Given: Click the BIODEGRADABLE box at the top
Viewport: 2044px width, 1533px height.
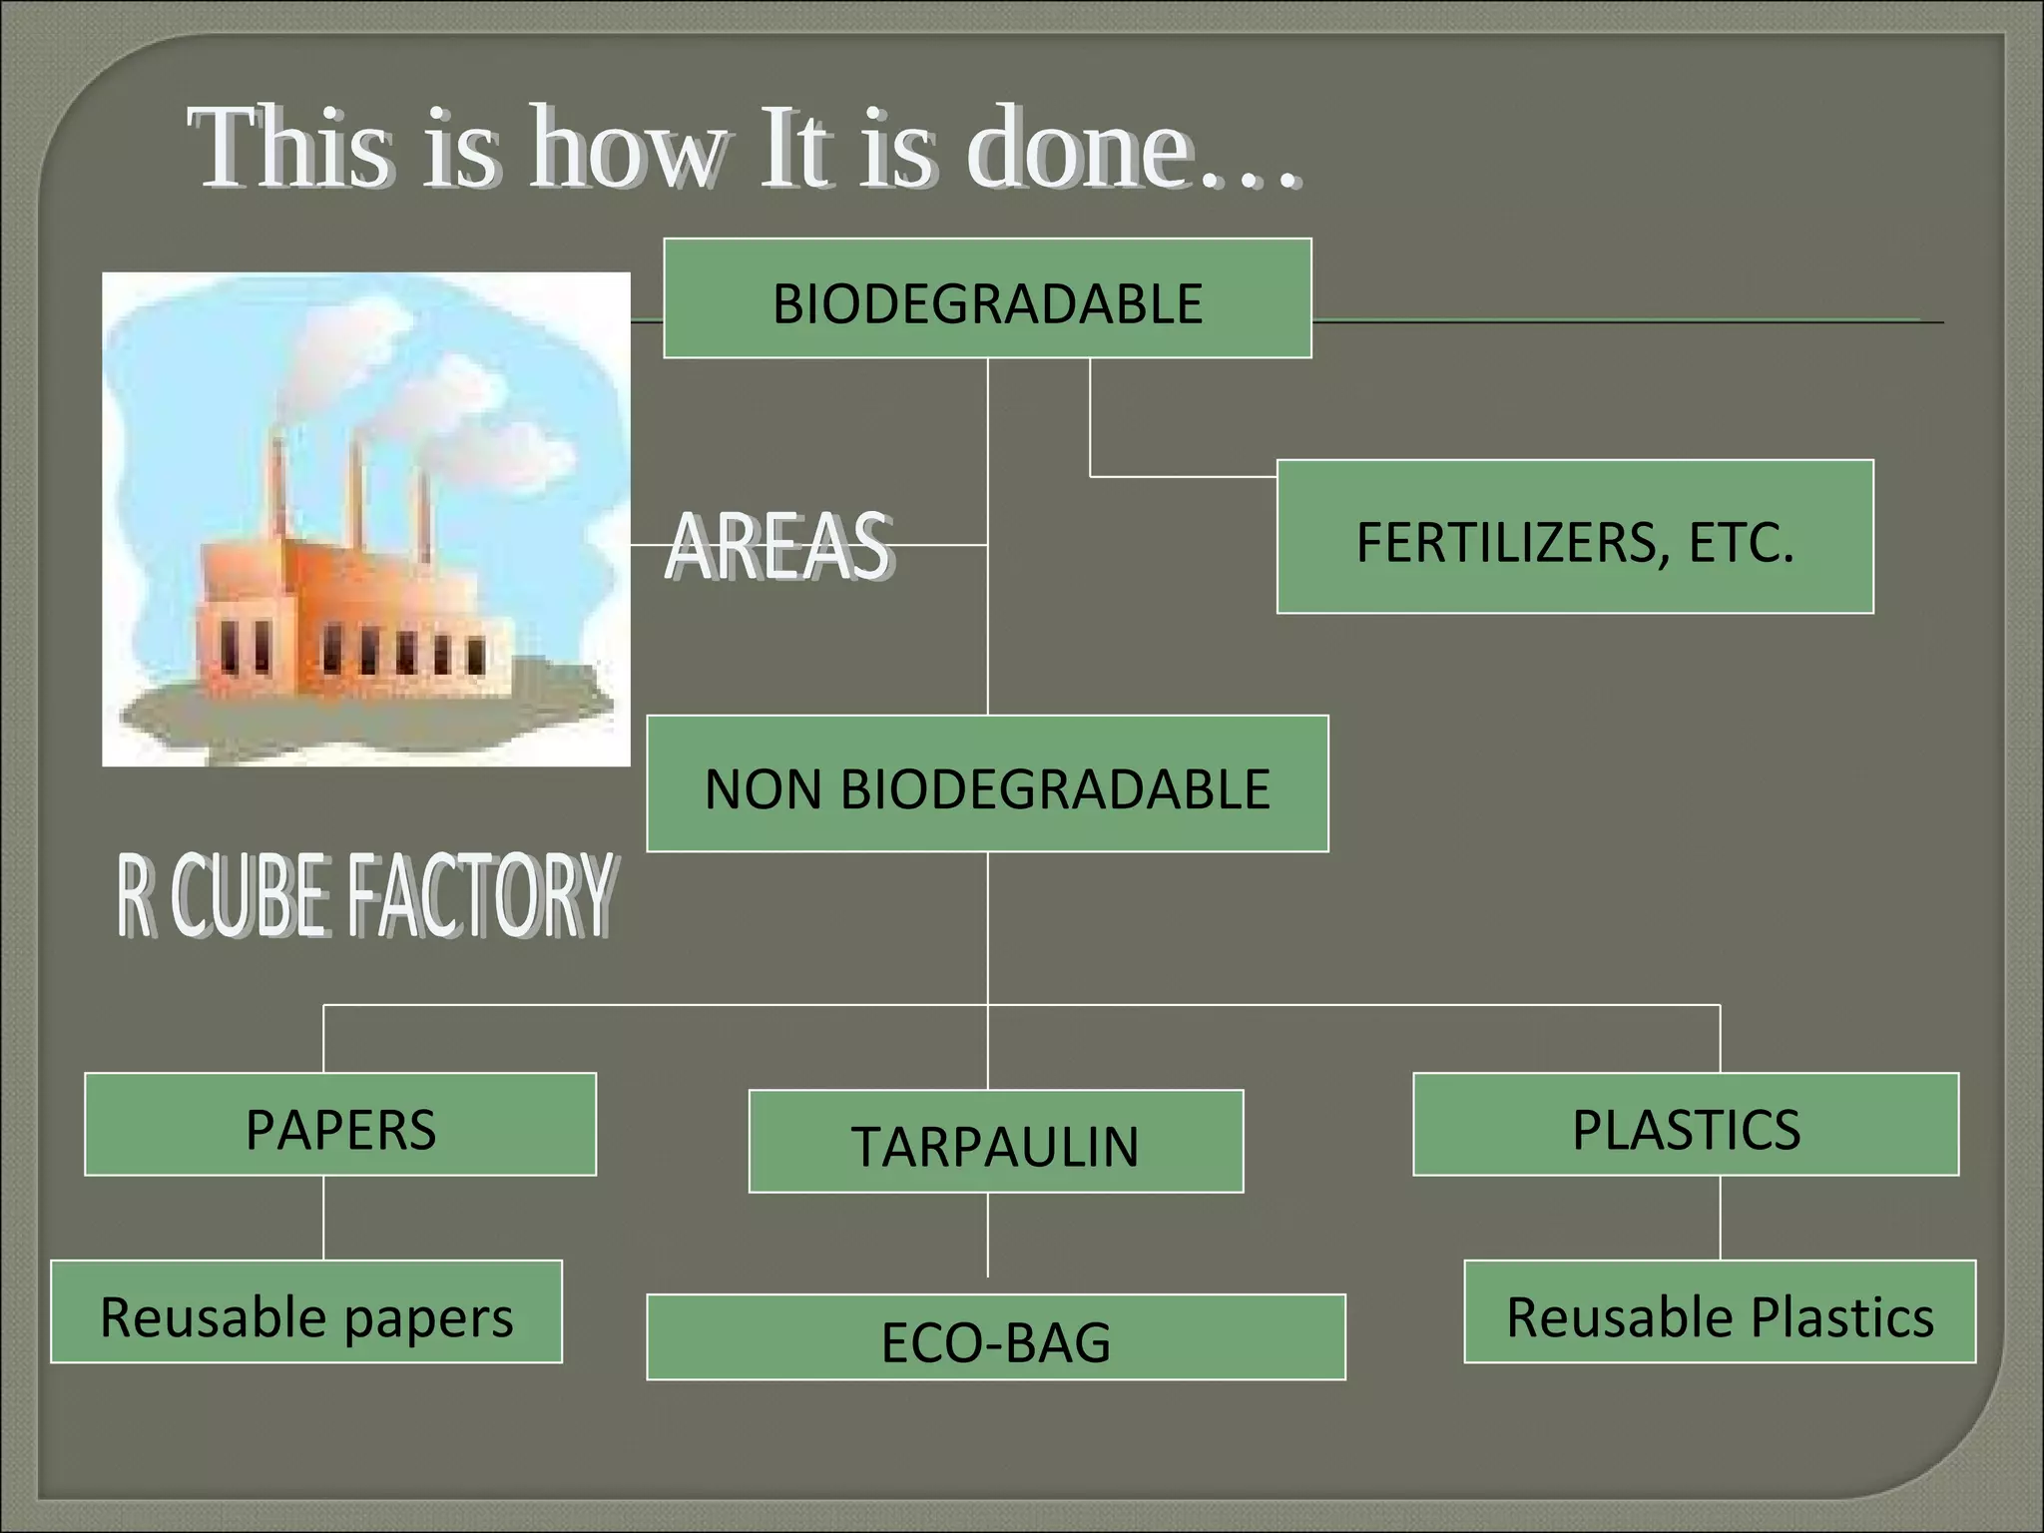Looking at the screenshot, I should [x=987, y=298].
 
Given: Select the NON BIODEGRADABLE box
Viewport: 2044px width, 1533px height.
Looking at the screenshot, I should [x=987, y=784].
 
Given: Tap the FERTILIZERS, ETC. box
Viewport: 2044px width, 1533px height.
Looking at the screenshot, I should [x=1575, y=537].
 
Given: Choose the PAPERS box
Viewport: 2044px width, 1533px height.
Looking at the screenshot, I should [x=340, y=1125].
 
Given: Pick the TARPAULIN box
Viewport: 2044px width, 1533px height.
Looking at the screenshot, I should [x=995, y=1142].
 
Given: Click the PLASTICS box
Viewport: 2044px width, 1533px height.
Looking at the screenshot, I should [x=1686, y=1125].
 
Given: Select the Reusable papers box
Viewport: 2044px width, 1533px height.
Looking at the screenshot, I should [x=306, y=1311].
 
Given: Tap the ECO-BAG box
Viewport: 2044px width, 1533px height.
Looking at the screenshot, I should [x=995, y=1337].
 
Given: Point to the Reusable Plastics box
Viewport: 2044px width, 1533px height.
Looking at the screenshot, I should [x=1720, y=1311].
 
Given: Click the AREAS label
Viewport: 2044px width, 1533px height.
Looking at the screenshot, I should [x=778, y=546].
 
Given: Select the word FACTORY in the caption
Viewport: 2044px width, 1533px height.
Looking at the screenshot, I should [x=479, y=895].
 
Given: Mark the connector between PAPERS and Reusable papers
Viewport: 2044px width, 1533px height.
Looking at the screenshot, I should [x=323, y=1218].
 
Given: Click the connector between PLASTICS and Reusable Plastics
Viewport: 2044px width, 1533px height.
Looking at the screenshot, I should [x=1720, y=1218].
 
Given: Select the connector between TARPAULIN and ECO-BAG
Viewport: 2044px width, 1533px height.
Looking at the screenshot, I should [x=988, y=1236].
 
